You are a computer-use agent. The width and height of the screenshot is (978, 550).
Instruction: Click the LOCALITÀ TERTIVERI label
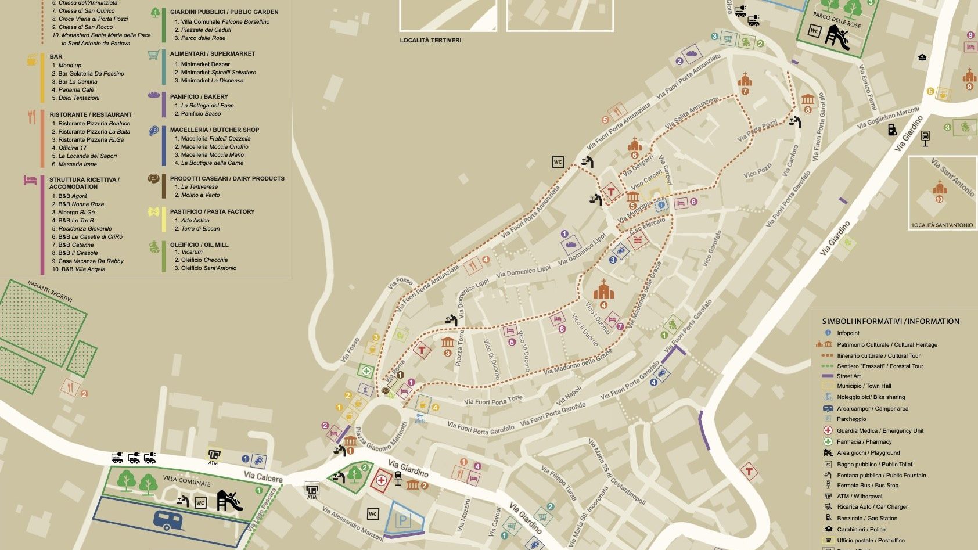[430, 40]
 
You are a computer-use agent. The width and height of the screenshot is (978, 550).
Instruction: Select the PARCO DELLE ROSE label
[837, 20]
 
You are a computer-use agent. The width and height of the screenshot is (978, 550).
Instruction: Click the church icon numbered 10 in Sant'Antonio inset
[940, 188]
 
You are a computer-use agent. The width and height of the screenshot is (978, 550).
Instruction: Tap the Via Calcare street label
[263, 477]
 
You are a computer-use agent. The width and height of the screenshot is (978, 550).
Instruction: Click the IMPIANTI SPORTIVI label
[50, 291]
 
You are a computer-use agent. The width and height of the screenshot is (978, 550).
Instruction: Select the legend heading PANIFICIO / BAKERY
[199, 96]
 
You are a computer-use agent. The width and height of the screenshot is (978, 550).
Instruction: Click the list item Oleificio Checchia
[204, 260]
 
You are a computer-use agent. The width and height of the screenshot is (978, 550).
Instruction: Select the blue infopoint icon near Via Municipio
[661, 206]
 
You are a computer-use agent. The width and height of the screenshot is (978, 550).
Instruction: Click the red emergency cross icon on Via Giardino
[381, 480]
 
